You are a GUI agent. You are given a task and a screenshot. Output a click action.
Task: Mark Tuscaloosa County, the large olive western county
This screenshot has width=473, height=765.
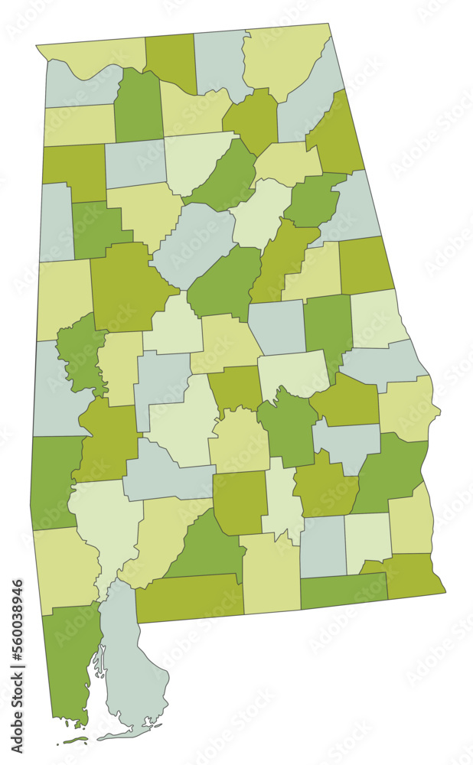(x=126, y=287)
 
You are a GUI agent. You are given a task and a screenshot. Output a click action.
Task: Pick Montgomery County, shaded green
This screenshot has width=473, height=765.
(x=288, y=428)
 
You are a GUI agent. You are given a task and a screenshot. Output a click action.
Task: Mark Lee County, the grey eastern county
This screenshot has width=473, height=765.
(x=383, y=363)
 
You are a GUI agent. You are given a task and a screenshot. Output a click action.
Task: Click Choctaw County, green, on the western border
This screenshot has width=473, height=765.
(x=54, y=478)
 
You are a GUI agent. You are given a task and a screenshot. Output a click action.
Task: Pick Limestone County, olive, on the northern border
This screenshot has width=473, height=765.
(x=170, y=61)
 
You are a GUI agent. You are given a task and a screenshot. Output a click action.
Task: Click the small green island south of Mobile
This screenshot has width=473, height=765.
(x=73, y=740)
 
